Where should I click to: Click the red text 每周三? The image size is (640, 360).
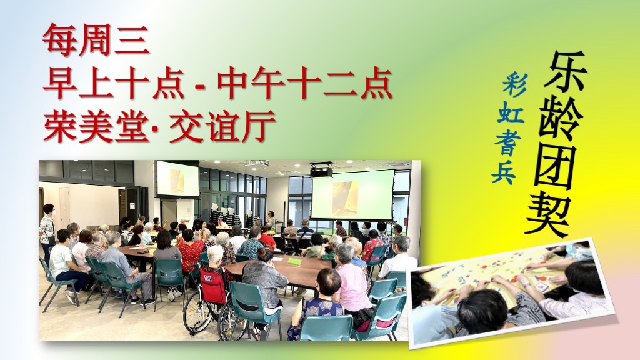[96, 39]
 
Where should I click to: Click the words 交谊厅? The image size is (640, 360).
[222, 126]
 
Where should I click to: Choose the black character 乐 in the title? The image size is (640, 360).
[565, 72]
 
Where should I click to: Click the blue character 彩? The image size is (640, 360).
[515, 85]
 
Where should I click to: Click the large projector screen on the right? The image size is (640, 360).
[352, 195]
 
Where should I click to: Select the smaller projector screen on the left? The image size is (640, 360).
[177, 179]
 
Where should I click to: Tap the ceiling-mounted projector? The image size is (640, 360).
[321, 171]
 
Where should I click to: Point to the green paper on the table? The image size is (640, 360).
[295, 261]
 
